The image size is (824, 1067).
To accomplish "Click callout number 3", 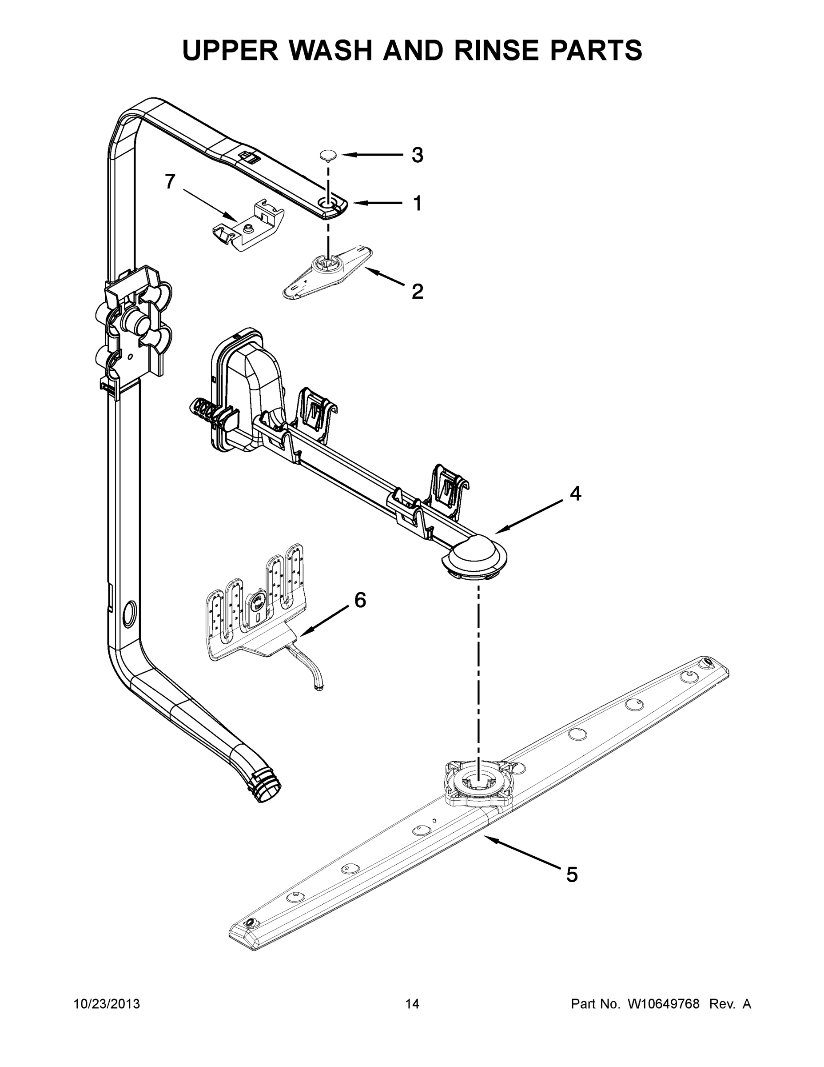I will tap(417, 155).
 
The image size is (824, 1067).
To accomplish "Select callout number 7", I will tap(170, 182).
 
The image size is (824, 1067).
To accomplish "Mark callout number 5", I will tap(572, 874).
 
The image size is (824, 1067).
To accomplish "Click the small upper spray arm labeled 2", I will tap(327, 272).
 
